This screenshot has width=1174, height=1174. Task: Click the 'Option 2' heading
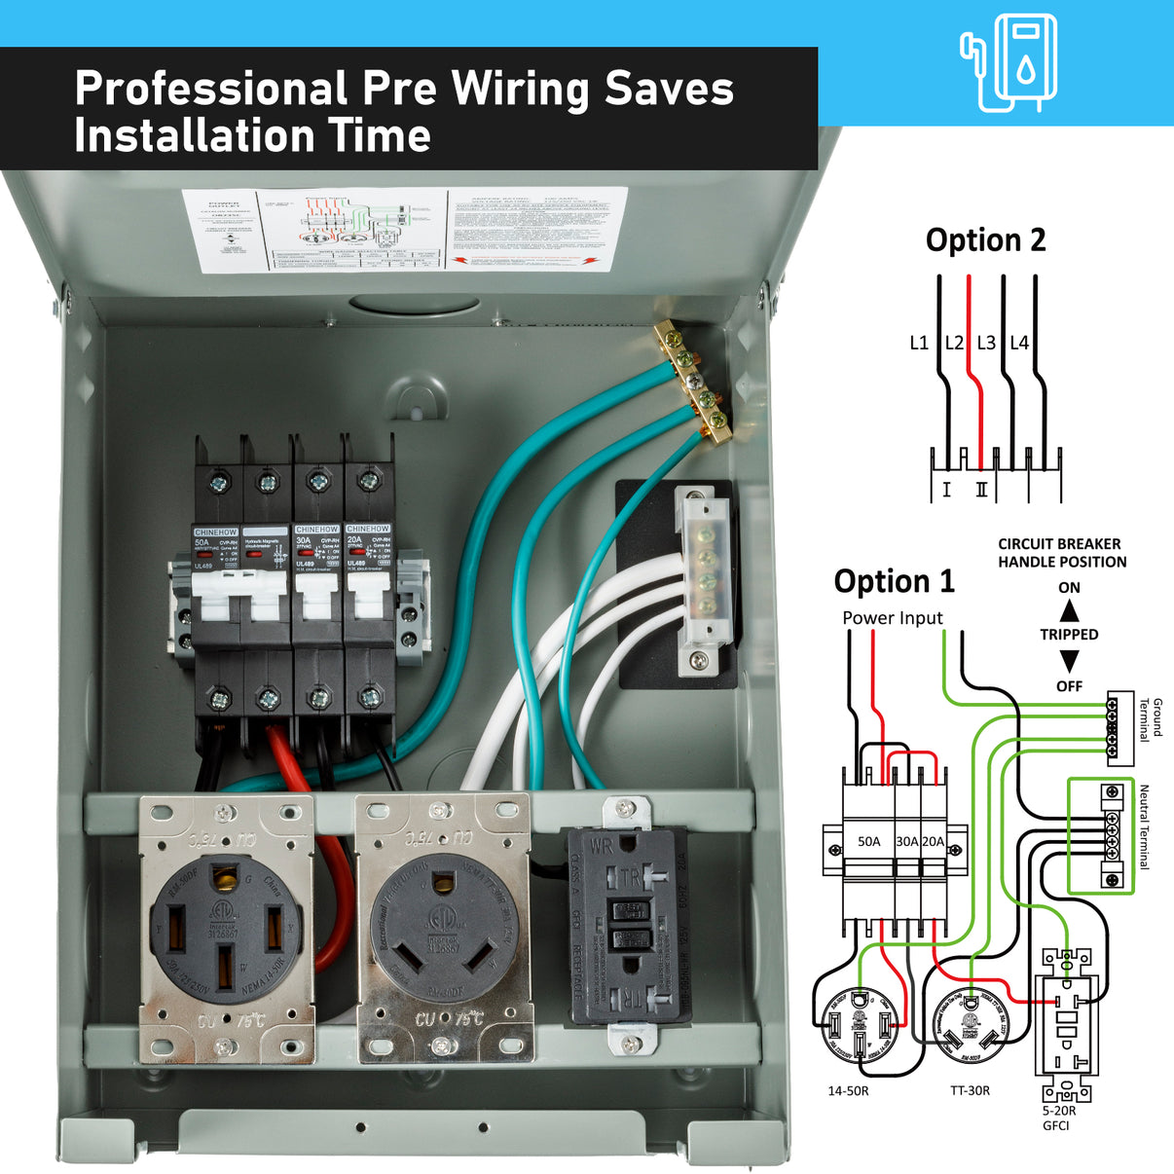[x=985, y=240]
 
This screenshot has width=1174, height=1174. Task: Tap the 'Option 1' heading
[x=894, y=581]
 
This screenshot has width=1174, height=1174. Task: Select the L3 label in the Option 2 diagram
[x=986, y=343]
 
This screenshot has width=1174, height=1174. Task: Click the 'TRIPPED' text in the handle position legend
[x=1069, y=635]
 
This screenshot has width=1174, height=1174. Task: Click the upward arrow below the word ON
[x=1069, y=611]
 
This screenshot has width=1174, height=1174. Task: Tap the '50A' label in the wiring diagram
[x=868, y=841]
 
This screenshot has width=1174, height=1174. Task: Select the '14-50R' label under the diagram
[x=848, y=1091]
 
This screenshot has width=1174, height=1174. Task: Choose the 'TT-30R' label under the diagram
[x=970, y=1091]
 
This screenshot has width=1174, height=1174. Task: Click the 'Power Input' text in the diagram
[x=892, y=618]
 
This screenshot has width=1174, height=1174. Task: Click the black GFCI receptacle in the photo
[x=630, y=925]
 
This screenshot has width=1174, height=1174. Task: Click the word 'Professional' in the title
[x=210, y=89]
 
